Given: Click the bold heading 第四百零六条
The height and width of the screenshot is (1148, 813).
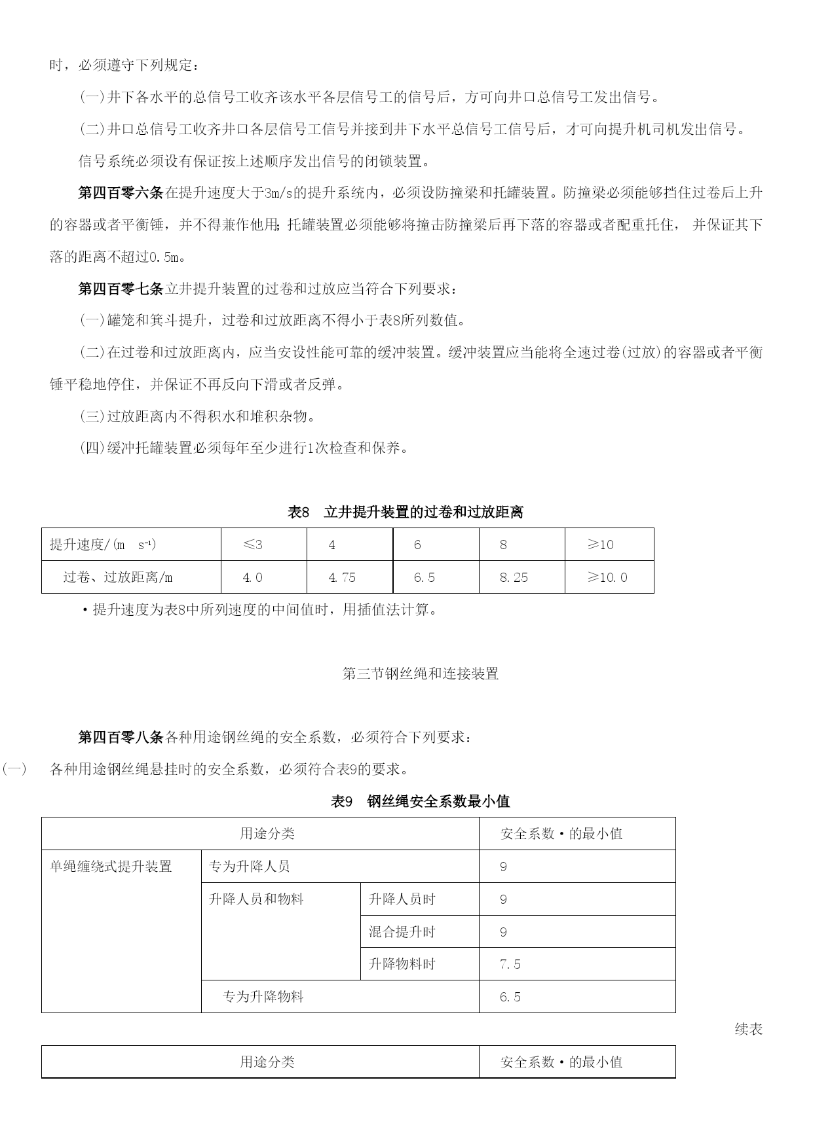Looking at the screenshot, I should pos(120,192).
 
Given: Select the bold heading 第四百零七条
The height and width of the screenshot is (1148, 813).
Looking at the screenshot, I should pos(120,289).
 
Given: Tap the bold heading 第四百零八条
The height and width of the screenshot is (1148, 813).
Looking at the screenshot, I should pos(120,737).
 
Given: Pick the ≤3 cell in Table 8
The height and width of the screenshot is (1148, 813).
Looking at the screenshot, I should pos(253,545).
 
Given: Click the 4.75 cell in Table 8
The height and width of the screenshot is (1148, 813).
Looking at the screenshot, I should pos(342,577).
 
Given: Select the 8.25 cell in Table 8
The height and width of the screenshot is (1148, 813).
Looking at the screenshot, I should pos(514,577).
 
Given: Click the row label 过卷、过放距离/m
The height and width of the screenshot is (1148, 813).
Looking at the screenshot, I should pos(118,577).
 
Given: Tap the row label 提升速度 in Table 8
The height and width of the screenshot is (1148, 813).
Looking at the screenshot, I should pos(103,545).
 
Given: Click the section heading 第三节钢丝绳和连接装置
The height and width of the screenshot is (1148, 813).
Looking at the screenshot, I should pos(421,673).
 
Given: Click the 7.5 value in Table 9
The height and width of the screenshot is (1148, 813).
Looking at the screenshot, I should pos(510,964).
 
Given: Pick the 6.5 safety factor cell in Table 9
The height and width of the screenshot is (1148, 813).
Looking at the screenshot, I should pos(510,997).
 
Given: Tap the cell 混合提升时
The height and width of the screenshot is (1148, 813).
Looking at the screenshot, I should pos(402,932).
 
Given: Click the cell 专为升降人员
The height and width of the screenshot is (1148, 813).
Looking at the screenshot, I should pos(249,867).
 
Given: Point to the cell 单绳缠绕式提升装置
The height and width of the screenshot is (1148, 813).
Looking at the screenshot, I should pos(111,867).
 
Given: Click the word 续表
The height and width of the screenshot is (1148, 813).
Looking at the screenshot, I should pos(748,1030).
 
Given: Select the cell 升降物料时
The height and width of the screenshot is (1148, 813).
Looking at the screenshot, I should pos(402,964).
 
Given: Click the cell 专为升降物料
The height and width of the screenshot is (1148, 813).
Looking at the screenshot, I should pos(263,997).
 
